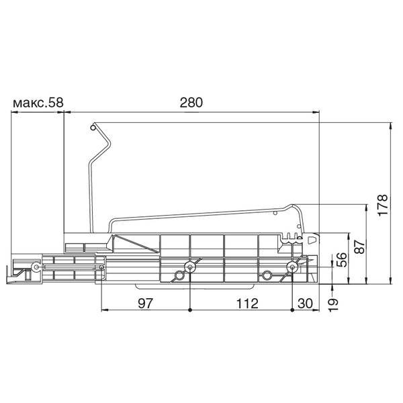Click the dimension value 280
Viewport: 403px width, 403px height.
[191, 103]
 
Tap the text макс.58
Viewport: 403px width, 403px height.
[38, 103]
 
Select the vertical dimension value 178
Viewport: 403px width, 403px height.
[383, 205]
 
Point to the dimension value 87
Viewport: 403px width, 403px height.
[361, 247]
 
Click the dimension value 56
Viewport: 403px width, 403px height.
[342, 259]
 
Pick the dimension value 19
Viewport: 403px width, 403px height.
[333, 305]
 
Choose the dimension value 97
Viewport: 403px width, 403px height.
[146, 304]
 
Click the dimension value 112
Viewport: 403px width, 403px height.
[247, 304]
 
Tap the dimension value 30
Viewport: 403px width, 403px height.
[305, 304]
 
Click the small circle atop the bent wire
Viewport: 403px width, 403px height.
[93, 128]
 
